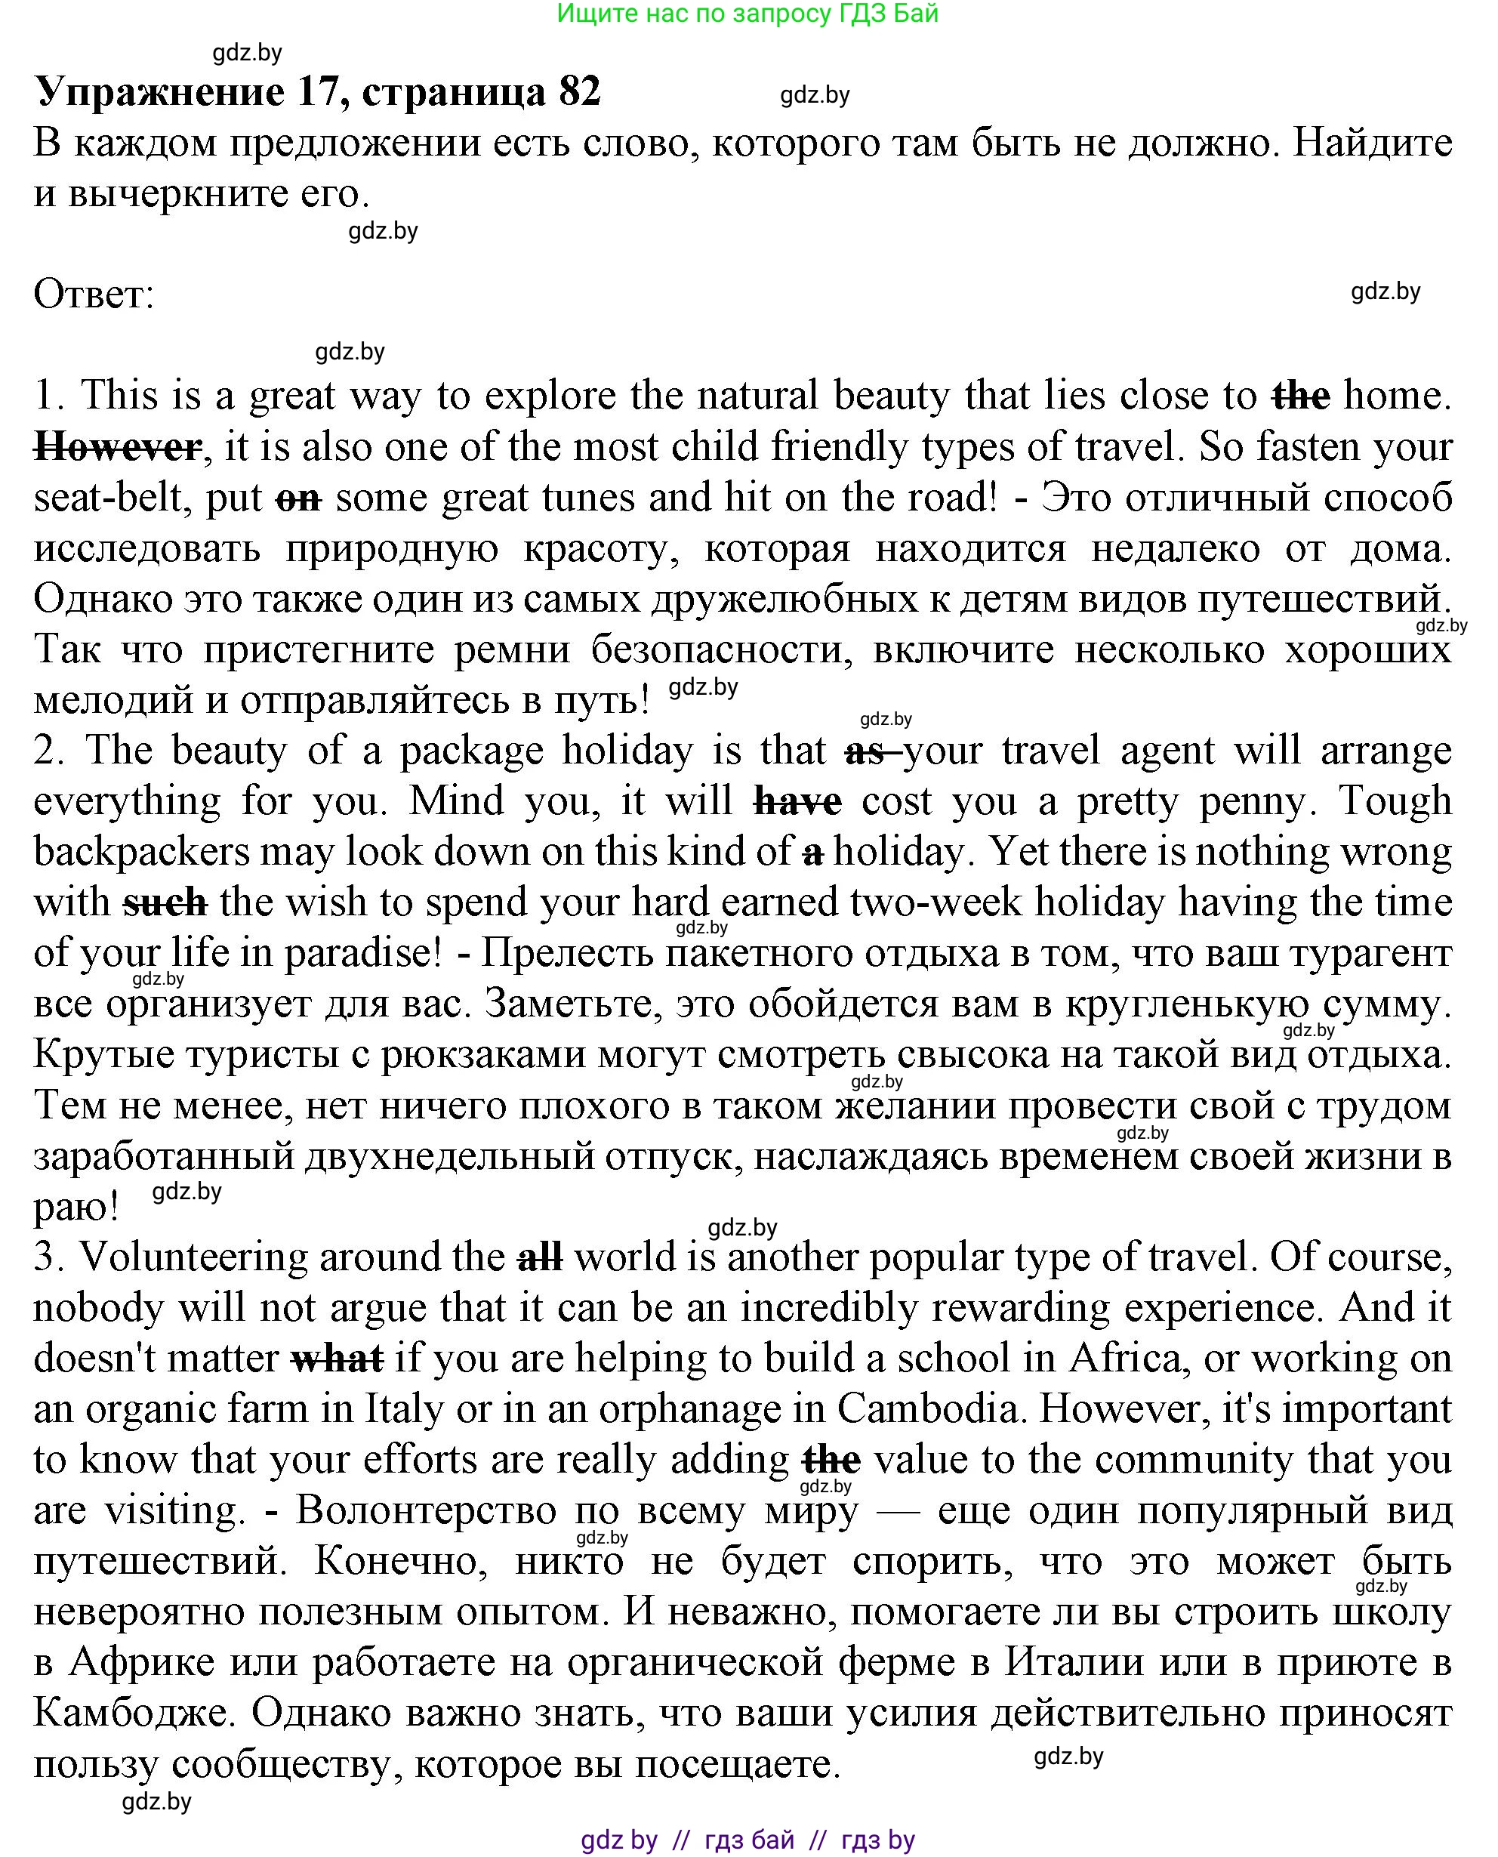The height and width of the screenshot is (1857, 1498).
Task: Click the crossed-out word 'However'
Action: tap(117, 448)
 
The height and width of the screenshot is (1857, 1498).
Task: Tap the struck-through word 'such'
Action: tap(165, 903)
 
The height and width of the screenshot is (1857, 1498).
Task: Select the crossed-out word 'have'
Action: tap(797, 802)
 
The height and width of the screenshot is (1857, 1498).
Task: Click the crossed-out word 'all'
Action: tap(540, 1257)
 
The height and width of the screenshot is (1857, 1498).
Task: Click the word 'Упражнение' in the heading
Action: tap(159, 91)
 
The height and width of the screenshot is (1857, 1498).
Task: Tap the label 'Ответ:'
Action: tap(93, 295)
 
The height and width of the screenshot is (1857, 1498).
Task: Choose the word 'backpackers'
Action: tap(141, 853)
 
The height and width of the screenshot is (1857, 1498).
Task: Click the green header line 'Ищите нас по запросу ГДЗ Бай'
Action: tap(747, 13)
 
